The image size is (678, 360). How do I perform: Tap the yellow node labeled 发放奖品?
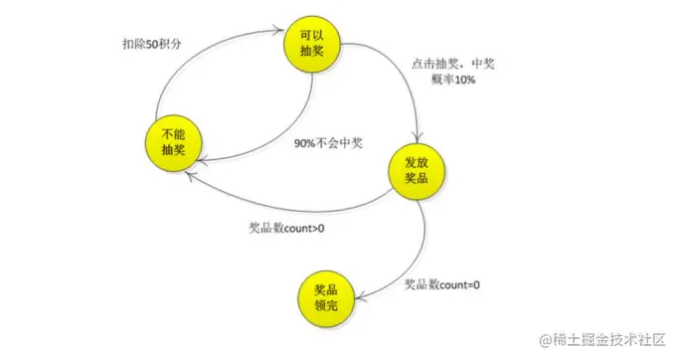416,169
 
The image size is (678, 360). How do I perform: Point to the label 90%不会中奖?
328,143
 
